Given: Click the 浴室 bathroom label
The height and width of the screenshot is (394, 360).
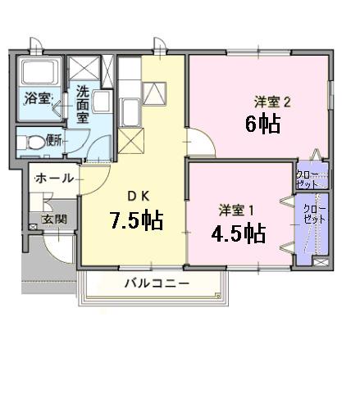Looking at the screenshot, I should point(37,99).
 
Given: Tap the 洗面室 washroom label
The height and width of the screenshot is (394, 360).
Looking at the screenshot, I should point(84,105).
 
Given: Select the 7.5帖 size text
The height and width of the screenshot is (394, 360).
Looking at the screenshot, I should point(136,220).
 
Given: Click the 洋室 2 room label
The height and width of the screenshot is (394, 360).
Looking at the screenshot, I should point(271,102).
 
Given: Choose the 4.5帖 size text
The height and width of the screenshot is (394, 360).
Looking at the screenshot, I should point(238,233).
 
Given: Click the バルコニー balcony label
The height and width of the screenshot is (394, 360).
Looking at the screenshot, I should point(157,283).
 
